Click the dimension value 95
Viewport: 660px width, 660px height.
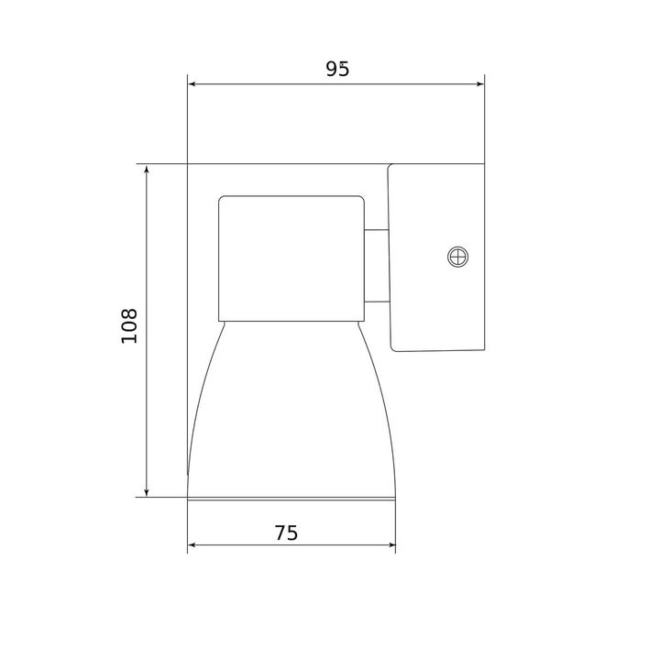[336, 70]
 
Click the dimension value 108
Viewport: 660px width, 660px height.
[129, 325]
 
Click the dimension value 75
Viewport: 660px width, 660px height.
[287, 533]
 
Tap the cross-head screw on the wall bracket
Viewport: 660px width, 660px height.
[456, 258]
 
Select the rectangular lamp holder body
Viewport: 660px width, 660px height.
[291, 257]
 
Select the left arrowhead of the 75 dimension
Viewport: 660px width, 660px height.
[192, 547]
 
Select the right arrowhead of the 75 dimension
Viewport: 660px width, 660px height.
[390, 547]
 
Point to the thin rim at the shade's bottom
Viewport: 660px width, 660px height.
[291, 498]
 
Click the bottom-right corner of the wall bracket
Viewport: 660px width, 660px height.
[483, 349]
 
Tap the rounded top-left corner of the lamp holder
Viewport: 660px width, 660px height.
[222, 199]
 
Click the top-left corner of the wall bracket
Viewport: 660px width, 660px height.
[390, 167]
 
